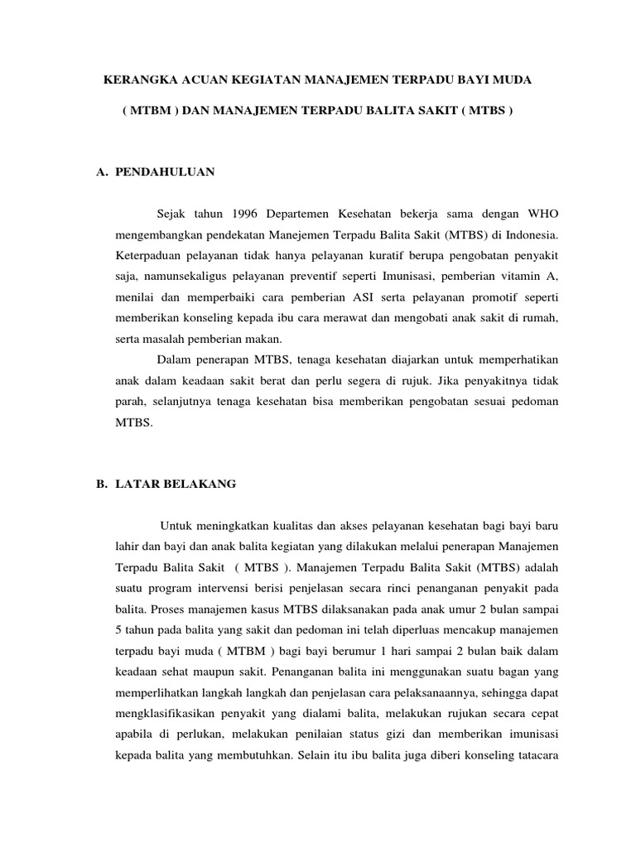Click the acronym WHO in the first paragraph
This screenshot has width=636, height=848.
[x=543, y=210]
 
